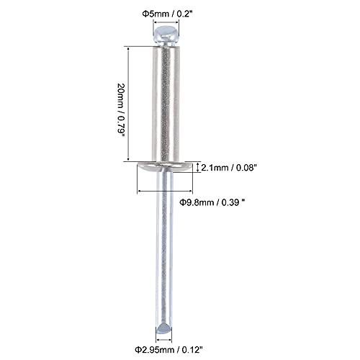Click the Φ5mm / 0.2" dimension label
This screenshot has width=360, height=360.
(x=168, y=14)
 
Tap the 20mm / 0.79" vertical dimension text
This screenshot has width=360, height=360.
(x=121, y=110)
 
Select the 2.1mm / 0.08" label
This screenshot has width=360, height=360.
(x=228, y=168)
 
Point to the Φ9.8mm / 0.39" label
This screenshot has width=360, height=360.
(x=212, y=203)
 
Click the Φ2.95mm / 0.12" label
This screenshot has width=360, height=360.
(x=168, y=350)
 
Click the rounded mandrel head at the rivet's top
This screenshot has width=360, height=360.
(x=166, y=36)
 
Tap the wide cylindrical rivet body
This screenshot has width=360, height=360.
(x=166, y=104)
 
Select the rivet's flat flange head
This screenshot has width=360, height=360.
(x=165, y=167)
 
